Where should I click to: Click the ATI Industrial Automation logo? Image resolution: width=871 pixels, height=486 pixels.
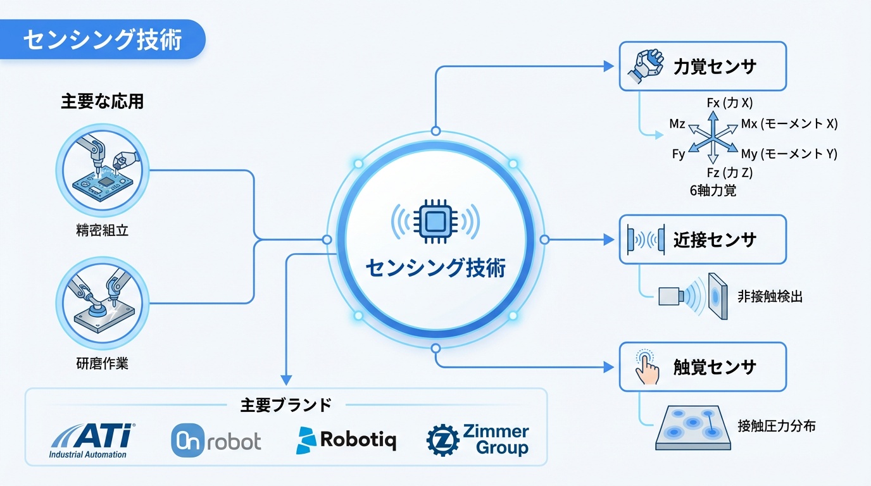point(92,440)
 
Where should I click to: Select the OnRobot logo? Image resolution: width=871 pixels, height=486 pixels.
point(216,440)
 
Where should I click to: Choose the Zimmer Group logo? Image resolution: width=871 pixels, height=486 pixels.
point(478,440)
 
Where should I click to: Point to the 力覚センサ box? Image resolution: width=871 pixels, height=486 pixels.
point(703,66)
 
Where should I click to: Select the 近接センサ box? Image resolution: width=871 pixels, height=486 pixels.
point(703,239)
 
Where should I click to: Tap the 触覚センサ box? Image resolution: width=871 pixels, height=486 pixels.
point(703,367)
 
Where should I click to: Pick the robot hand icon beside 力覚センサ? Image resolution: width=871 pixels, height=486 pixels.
point(646,66)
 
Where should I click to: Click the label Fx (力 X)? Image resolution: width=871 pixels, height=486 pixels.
point(729,102)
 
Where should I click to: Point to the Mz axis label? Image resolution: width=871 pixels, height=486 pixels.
point(677,124)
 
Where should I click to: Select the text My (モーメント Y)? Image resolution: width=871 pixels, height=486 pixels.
point(789,154)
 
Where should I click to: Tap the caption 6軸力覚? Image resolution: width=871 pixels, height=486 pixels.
point(713,190)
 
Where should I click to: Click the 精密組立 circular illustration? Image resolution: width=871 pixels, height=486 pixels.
point(102,170)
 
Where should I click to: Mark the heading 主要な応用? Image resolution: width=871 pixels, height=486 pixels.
point(102,102)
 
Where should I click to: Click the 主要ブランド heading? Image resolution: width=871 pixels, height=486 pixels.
point(285,405)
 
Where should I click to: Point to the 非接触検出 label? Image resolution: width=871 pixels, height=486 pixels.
point(770,296)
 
